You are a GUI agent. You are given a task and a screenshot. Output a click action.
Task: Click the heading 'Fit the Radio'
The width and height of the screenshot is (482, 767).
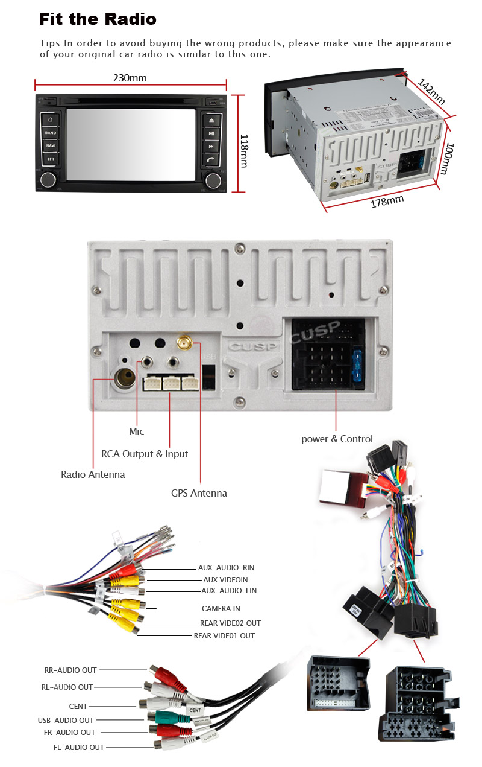click(x=98, y=19)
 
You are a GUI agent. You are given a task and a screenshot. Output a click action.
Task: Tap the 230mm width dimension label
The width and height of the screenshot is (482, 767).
click(x=130, y=78)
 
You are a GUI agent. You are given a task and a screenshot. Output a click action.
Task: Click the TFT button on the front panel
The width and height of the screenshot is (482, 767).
click(x=51, y=159)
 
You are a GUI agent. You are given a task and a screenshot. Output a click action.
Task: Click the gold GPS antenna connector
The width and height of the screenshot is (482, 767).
click(x=184, y=344)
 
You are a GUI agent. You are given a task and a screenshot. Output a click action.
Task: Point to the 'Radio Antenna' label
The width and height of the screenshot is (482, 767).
click(x=93, y=474)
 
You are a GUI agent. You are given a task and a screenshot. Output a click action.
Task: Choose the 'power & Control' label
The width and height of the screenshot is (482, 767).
click(x=337, y=439)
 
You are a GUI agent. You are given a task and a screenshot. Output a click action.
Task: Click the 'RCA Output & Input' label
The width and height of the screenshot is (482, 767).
click(x=145, y=454)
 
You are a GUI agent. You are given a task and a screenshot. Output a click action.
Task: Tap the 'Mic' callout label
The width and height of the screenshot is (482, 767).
click(x=137, y=431)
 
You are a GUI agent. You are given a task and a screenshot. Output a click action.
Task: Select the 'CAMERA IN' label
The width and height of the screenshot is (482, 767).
click(x=221, y=608)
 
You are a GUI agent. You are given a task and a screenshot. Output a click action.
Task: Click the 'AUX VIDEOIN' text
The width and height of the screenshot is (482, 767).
click(x=225, y=579)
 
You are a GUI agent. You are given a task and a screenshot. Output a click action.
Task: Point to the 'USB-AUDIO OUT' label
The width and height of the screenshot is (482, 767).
click(x=66, y=720)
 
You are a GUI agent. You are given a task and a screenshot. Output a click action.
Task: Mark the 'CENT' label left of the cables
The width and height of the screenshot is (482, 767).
click(x=78, y=706)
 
